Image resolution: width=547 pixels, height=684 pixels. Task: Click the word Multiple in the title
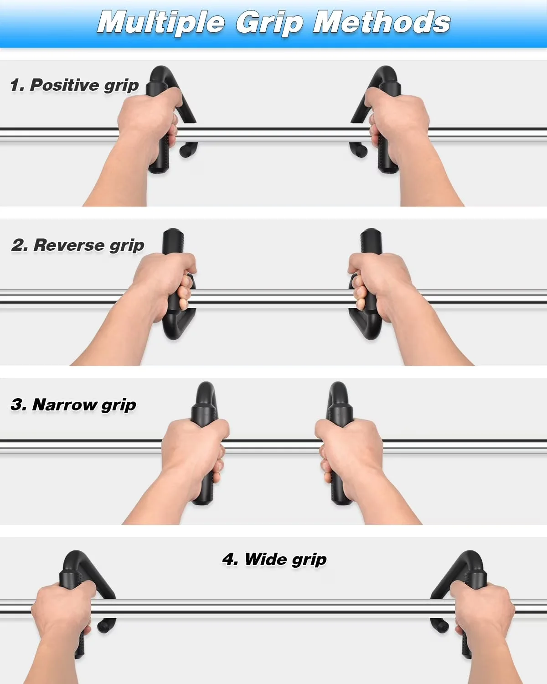[161, 23]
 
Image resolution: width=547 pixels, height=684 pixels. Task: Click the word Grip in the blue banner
[269, 23]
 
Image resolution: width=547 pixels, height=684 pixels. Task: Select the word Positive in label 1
[65, 85]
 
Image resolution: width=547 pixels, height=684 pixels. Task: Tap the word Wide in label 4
[266, 559]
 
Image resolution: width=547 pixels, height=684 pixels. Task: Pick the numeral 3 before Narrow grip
[17, 404]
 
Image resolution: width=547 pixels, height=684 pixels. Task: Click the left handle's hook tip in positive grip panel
[184, 151]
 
